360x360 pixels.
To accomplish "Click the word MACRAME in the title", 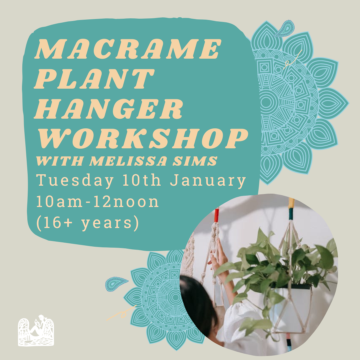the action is click(x=128, y=49).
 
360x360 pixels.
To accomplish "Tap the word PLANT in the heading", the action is click(x=94, y=79).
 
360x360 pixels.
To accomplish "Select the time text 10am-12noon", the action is click(x=97, y=202).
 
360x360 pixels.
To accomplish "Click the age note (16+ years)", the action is click(x=87, y=223).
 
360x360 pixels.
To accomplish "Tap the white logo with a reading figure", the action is click(x=36, y=331).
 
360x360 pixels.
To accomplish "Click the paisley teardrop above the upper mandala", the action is click(x=284, y=28).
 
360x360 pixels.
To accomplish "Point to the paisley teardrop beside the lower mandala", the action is click(x=116, y=284).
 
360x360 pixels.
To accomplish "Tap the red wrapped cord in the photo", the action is click(x=216, y=215).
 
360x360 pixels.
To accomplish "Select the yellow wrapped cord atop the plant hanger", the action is click(x=291, y=203).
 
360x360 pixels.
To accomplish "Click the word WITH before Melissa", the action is click(x=60, y=161).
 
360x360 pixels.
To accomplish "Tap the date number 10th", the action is click(x=141, y=180).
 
